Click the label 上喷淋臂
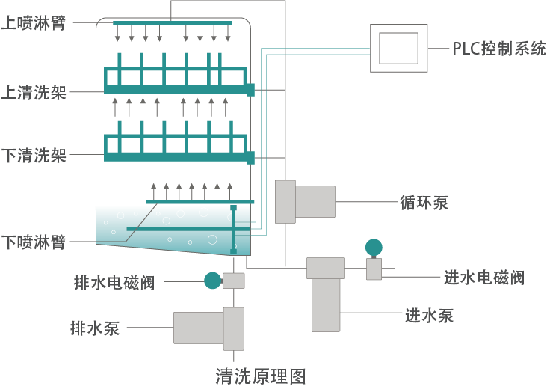tap(34, 22)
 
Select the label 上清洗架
tap(34, 92)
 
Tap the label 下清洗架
tap(34, 156)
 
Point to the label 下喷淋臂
tap(34, 242)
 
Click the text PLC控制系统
tap(499, 49)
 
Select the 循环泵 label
tap(424, 202)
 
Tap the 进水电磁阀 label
tap(483, 278)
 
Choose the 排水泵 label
tap(95, 328)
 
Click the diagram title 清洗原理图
tap(260, 375)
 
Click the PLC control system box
tap(399, 48)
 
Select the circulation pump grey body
tap(314, 201)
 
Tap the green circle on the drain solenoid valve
tap(213, 281)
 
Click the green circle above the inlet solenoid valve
tap(374, 247)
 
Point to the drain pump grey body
tap(199, 328)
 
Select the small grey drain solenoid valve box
tap(234, 281)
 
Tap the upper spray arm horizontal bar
tap(173, 23)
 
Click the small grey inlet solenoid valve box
tap(374, 269)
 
